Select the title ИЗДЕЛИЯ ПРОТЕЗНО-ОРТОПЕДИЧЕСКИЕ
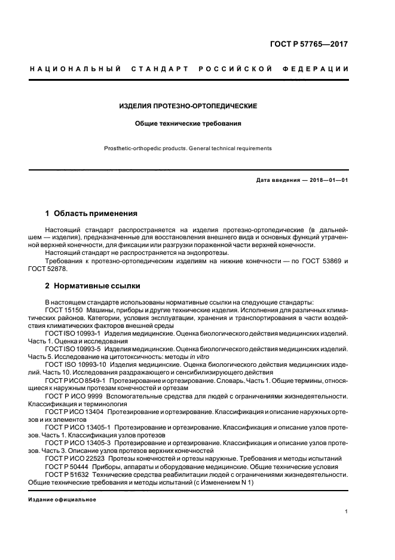point(188,106)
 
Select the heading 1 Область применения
point(91,213)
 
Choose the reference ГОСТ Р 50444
point(66,466)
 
